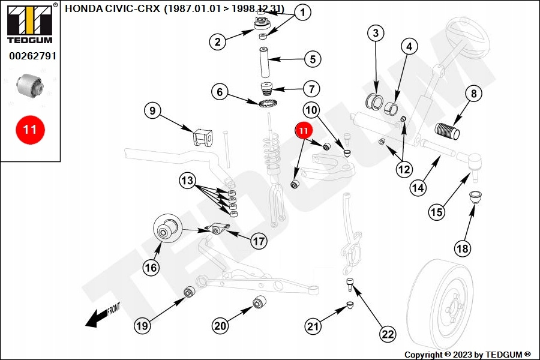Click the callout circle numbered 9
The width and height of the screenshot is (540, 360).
tap(152, 110)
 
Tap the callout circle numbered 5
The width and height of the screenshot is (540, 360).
tap(312, 59)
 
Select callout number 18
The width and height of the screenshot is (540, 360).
tap(462, 248)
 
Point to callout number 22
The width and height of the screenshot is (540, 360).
tap(388, 334)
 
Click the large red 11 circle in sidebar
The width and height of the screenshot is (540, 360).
tap(30, 129)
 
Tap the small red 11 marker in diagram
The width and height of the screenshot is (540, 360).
tap(303, 130)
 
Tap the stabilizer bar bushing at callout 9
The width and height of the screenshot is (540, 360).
tap(202, 138)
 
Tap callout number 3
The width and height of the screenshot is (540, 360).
tap(375, 33)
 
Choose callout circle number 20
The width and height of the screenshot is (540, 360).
tap(220, 326)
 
